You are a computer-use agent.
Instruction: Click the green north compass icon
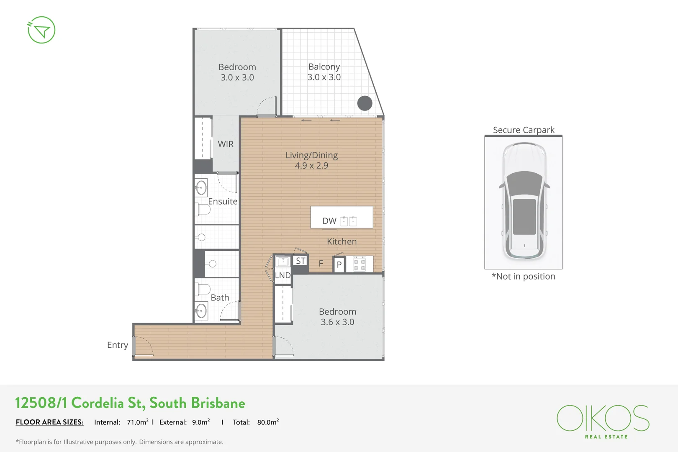tap(41, 30)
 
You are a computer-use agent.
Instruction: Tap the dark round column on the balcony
tap(365, 103)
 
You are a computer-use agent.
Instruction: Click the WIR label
tap(226, 144)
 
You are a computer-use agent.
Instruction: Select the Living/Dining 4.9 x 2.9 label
tap(311, 160)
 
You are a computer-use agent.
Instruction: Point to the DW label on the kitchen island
tap(329, 221)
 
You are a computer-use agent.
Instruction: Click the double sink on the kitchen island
tap(349, 221)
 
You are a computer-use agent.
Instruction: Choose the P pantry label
tap(339, 265)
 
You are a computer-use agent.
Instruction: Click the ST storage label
tap(300, 261)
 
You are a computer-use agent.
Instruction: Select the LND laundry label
tap(283, 275)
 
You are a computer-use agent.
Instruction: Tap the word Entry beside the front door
tap(118, 345)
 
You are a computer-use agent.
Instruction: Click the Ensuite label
tap(223, 201)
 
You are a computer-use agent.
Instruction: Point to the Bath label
tap(220, 298)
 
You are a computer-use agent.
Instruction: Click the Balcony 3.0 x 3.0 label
tap(324, 72)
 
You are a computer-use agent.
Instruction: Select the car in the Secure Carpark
tap(524, 201)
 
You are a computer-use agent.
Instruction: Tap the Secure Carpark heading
tap(524, 130)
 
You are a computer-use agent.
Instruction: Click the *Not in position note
tap(524, 276)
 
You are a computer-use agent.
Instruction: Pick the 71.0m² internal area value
tap(138, 422)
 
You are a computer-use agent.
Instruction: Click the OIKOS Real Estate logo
tap(603, 421)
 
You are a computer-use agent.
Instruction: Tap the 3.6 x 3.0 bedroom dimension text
tap(337, 322)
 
